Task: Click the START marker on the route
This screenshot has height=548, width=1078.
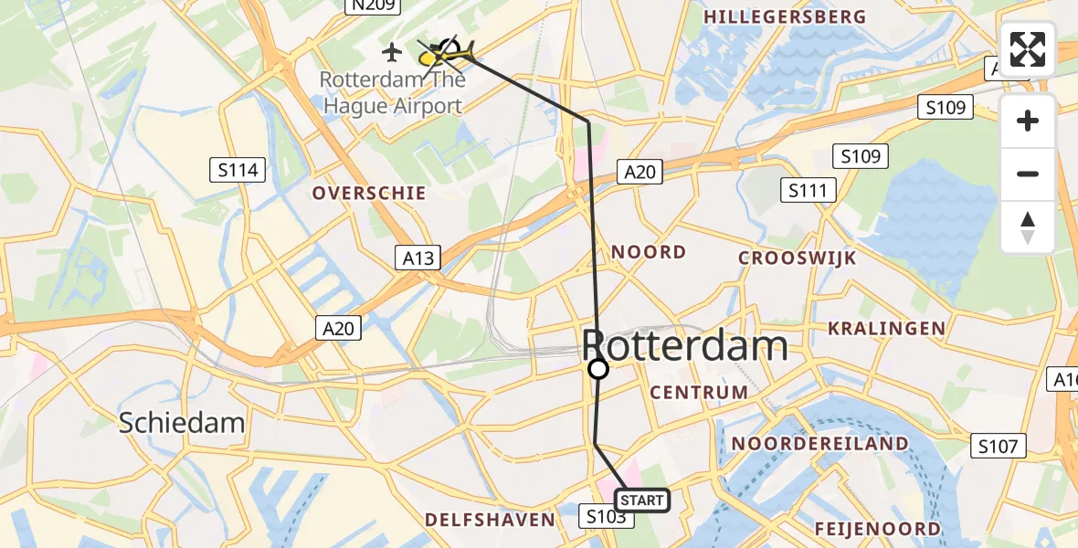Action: (643, 500)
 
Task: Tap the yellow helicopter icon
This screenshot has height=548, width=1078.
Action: (447, 55)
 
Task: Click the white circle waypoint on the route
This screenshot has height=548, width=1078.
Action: (597, 369)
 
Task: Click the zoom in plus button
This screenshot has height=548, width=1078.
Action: (1028, 121)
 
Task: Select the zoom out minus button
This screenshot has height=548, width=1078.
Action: (1028, 174)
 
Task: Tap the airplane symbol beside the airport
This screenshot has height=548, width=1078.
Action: (393, 51)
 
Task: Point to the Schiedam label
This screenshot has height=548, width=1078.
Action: (183, 422)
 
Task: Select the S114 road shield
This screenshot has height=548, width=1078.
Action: (238, 169)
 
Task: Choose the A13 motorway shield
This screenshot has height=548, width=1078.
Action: (418, 258)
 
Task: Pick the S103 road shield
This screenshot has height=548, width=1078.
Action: (606, 517)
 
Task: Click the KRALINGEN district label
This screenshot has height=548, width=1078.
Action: (885, 328)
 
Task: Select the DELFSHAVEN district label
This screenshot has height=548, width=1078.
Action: (490, 520)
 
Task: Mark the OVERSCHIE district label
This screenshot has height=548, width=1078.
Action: (369, 193)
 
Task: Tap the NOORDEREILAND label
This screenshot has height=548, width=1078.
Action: (819, 444)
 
